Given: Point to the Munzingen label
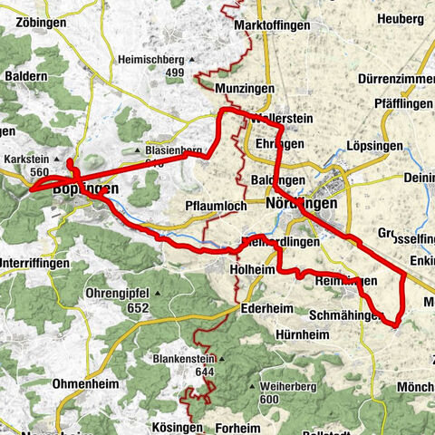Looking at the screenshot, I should (x=245, y=89).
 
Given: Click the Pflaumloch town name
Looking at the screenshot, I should (x=215, y=206).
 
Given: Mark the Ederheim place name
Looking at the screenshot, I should (x=267, y=308).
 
